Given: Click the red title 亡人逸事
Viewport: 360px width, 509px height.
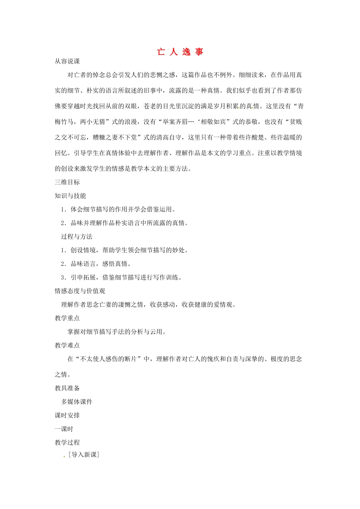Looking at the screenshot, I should tap(180, 52).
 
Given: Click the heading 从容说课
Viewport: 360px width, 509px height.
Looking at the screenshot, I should tap(67, 61).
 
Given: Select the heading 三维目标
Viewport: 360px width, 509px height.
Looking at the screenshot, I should tap(67, 182).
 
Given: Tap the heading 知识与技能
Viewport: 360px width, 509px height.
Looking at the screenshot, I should tap(70, 196).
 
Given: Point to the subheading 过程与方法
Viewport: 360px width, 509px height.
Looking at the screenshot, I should tap(77, 237).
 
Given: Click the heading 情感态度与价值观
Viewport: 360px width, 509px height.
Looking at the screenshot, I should tap(80, 291).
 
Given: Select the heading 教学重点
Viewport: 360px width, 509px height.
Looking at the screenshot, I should tap(67, 318).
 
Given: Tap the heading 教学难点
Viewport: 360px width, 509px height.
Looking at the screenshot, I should tap(67, 345).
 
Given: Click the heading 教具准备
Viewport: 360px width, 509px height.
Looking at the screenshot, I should tap(67, 388).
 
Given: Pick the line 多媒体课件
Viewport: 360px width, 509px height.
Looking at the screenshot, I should tap(77, 402).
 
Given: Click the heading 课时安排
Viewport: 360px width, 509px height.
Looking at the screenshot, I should tap(67, 415).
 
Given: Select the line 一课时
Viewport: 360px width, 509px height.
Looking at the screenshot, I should tap(64, 429).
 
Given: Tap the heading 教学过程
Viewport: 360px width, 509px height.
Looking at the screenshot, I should tap(67, 443).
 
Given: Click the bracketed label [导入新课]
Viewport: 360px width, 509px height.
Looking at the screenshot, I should tap(84, 455).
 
